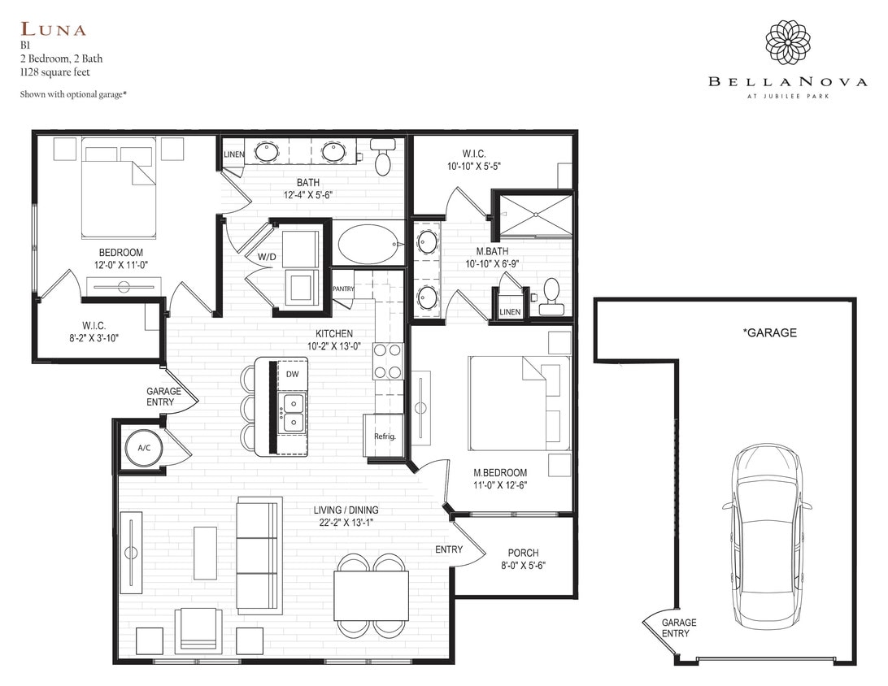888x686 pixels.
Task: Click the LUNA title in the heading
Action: [x=54, y=30]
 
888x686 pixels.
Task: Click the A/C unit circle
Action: [x=143, y=448]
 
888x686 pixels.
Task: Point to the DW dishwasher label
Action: [x=292, y=374]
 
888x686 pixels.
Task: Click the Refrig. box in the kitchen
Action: [x=384, y=435]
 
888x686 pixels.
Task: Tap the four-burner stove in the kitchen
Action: [x=388, y=361]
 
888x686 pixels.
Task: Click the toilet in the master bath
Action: [x=551, y=296]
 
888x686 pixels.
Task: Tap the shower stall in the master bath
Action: [x=535, y=214]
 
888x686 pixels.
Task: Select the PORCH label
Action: [x=523, y=553]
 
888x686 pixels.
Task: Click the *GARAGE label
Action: [x=769, y=332]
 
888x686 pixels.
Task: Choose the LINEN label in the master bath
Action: [x=510, y=312]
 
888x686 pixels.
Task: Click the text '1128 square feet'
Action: [x=55, y=72]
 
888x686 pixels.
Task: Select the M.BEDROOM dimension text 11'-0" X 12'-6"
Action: [x=500, y=485]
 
